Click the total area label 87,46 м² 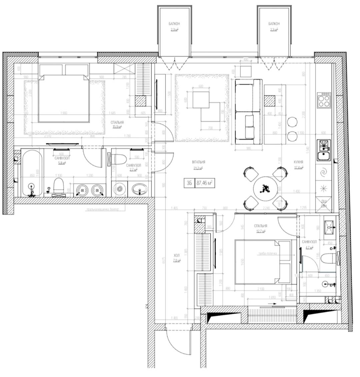[205, 183]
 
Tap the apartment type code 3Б [189, 183]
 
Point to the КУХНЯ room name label [298, 162]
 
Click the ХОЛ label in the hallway [177, 255]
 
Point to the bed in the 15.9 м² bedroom [64, 98]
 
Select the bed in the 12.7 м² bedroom [263, 262]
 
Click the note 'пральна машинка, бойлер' [105, 209]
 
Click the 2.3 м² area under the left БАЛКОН [174, 30]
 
